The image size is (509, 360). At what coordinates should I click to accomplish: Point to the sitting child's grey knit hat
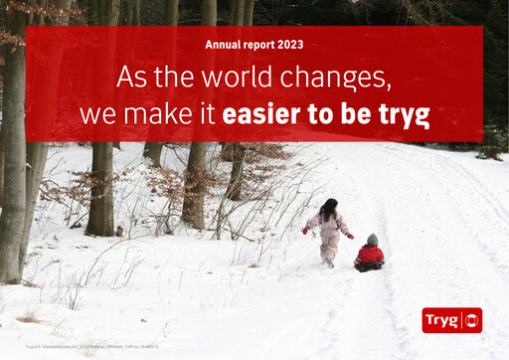click(x=372, y=240)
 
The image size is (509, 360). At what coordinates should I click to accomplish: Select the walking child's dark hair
click(x=328, y=209)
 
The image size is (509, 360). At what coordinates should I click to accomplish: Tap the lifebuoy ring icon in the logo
click(x=470, y=320)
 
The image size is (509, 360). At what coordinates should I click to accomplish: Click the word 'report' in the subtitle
click(x=257, y=45)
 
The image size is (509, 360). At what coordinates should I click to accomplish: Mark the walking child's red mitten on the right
click(x=349, y=236)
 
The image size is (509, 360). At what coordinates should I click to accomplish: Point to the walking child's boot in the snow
click(x=329, y=264)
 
